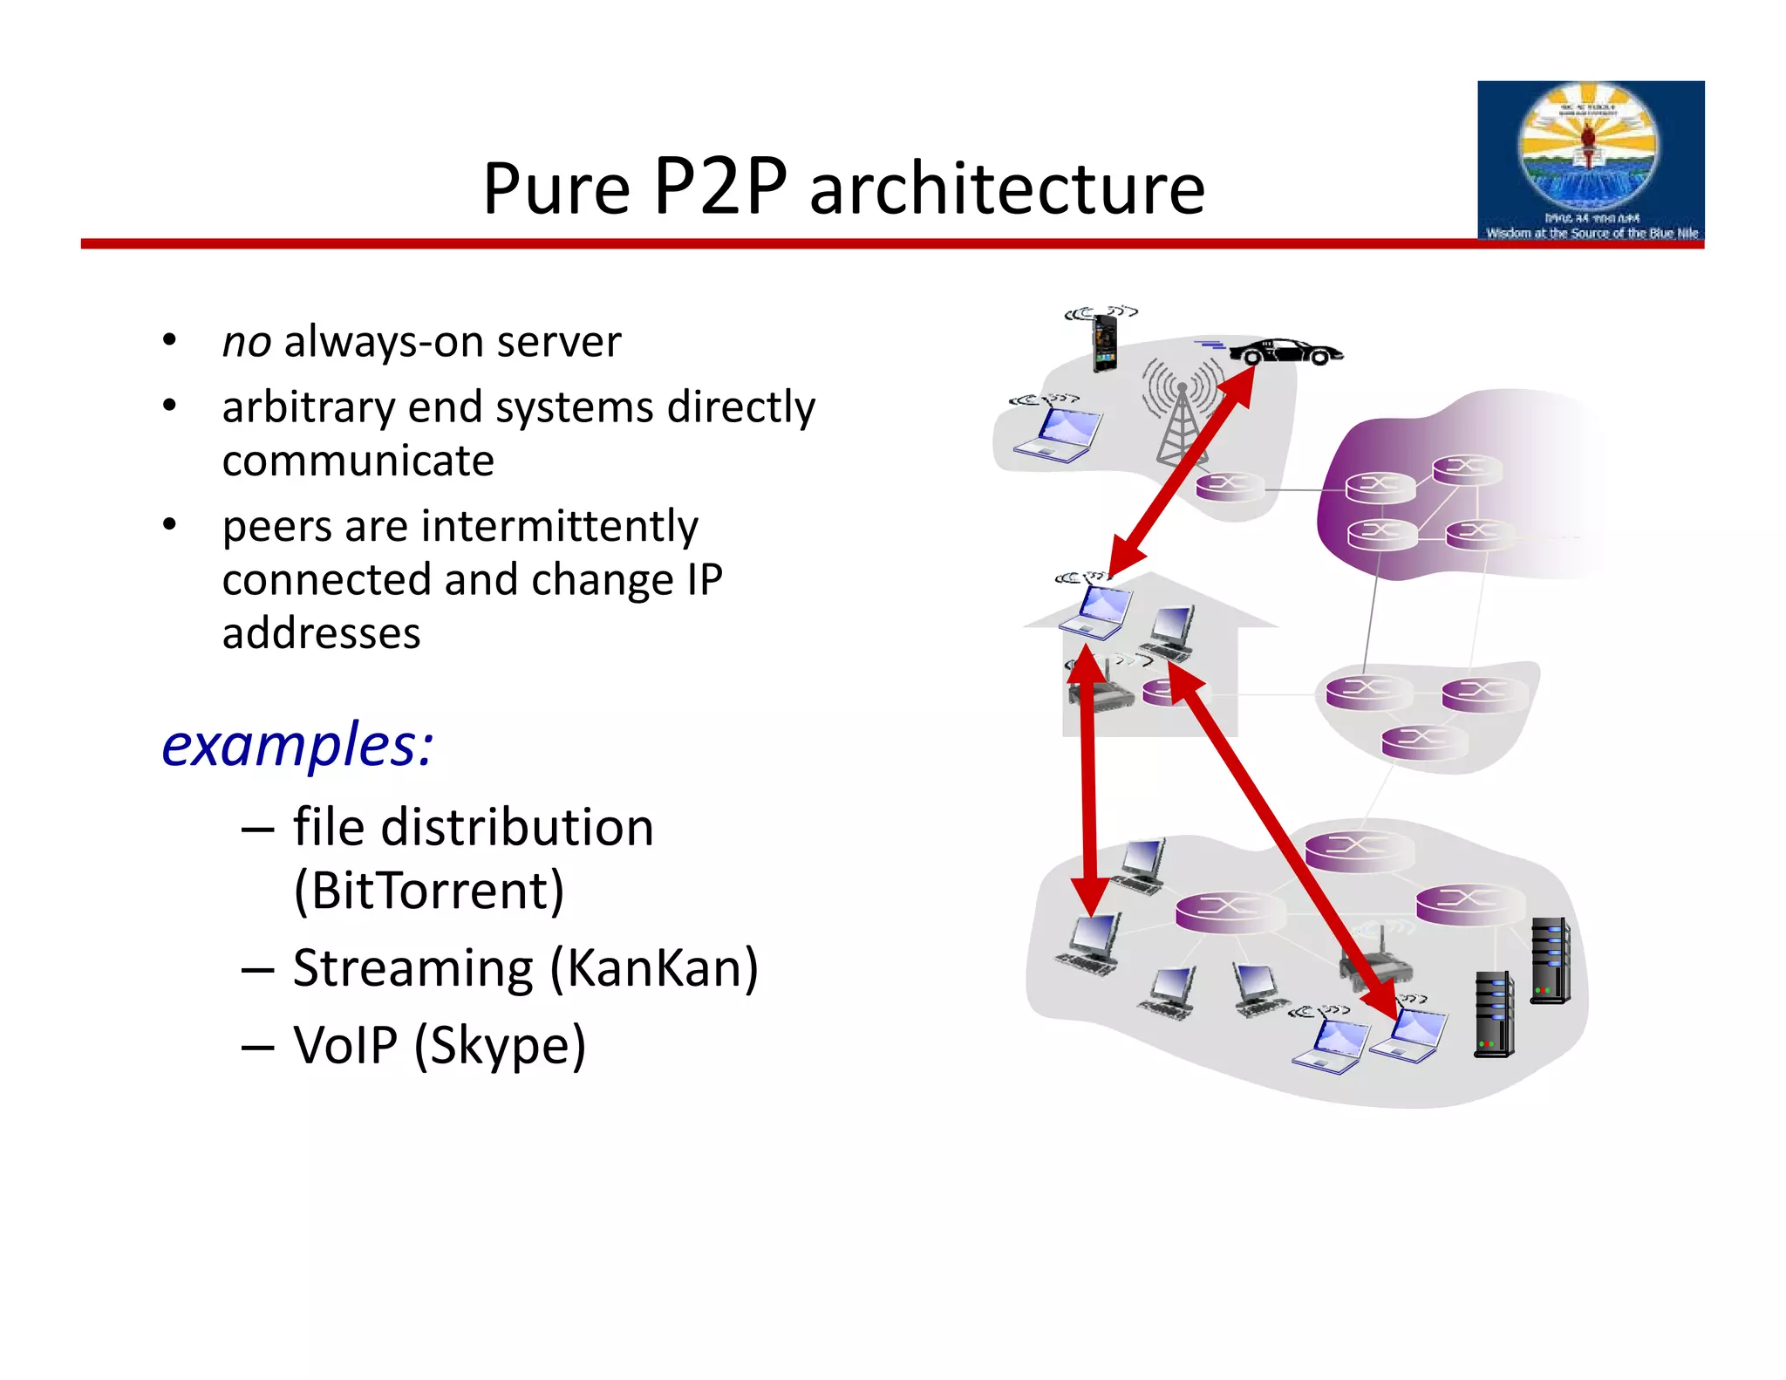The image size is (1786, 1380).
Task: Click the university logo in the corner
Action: [1590, 161]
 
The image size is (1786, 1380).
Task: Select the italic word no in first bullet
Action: [246, 342]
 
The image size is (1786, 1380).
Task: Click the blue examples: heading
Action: [297, 746]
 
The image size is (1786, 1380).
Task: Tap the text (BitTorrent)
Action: [429, 890]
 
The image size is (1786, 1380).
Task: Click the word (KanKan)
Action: [654, 968]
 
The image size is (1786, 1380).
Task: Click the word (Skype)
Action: [500, 1045]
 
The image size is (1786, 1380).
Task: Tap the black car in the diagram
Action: [1285, 352]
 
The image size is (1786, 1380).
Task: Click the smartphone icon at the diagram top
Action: [1105, 343]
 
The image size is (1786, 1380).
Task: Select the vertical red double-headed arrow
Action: [1087, 781]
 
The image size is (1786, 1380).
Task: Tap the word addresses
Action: [321, 633]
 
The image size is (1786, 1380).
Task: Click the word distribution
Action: [517, 827]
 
